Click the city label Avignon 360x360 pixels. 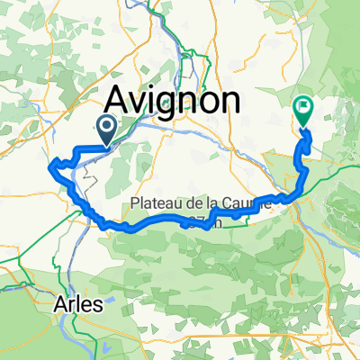tap(175, 100)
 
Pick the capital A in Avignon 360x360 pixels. tap(121, 100)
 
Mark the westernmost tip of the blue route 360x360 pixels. tap(49, 165)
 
